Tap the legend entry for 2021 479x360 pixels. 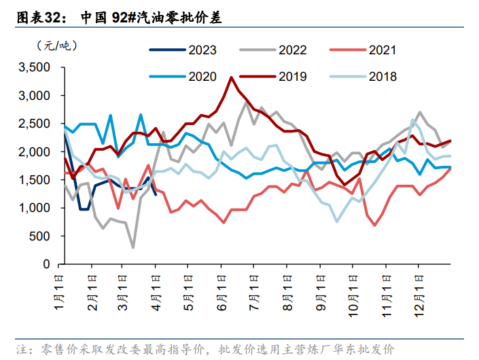(382, 50)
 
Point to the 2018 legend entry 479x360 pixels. (382, 77)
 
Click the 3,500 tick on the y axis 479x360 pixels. (34, 67)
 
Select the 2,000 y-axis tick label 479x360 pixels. (34, 152)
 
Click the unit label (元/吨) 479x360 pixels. (55, 46)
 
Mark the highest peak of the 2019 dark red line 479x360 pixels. (232, 77)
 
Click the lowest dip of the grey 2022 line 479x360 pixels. (133, 247)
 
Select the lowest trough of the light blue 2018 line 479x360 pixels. (337, 221)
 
